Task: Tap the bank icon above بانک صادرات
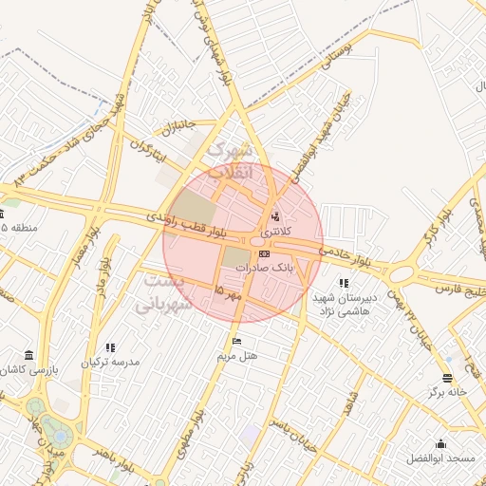point(264,253)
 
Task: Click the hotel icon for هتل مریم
point(236,342)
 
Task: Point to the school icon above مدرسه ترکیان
point(110,347)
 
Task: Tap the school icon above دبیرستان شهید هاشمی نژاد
point(344,283)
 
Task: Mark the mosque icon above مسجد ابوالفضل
point(440,443)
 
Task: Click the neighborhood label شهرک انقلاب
point(231,161)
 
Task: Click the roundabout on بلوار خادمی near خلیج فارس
point(402,273)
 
